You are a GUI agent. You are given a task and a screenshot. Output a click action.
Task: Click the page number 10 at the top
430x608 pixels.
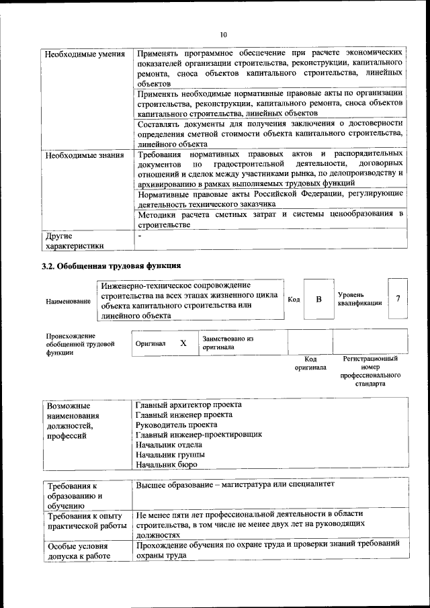click(224, 34)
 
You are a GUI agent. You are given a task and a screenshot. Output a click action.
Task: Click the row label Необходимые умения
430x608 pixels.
click(84, 52)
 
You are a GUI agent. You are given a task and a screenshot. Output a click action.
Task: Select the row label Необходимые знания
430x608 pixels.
click(84, 156)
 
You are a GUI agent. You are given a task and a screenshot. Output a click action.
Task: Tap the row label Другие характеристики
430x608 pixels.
click(75, 241)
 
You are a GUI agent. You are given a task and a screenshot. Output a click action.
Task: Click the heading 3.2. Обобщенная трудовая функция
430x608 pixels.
click(112, 267)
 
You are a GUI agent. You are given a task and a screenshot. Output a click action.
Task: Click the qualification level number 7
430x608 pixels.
click(398, 298)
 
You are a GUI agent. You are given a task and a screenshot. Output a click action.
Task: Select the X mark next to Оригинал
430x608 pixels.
click(183, 343)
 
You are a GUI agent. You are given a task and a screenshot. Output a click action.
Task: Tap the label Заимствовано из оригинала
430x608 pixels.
click(228, 343)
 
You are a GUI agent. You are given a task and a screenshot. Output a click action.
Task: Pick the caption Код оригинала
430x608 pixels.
click(310, 363)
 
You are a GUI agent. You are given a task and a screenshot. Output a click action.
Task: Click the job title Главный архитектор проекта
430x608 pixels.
click(189, 405)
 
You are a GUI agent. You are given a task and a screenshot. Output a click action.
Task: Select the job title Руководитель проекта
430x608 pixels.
click(176, 425)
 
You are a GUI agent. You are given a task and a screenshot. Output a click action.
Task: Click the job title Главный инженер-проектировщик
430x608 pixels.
click(198, 435)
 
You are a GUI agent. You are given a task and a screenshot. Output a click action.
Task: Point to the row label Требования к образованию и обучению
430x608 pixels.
click(73, 495)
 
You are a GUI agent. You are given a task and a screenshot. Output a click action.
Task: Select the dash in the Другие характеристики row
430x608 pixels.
click(139, 236)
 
